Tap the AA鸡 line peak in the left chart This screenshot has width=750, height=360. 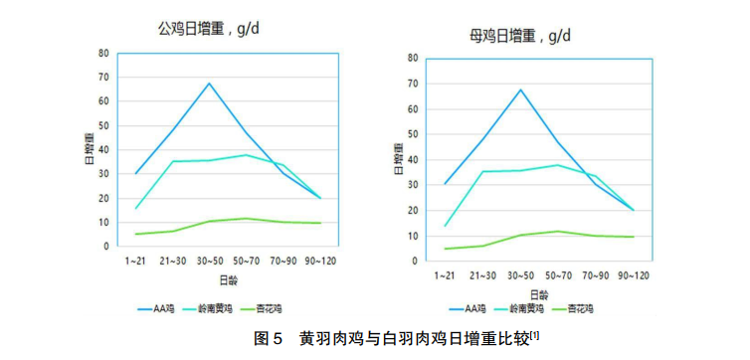(210, 84)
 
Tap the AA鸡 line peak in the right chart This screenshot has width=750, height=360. (520, 90)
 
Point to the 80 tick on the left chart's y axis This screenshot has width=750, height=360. (102, 53)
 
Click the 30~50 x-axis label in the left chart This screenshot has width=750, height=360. (210, 261)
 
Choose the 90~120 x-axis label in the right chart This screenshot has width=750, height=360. (633, 275)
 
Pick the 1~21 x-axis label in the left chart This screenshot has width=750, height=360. (136, 261)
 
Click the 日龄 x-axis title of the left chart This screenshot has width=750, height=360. (228, 279)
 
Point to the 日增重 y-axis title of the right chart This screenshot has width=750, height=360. (396, 159)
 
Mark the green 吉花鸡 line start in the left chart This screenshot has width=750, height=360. (136, 234)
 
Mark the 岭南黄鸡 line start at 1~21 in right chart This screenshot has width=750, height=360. (445, 226)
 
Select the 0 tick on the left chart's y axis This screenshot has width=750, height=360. (105, 246)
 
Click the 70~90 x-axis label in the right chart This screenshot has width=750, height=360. (595, 275)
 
